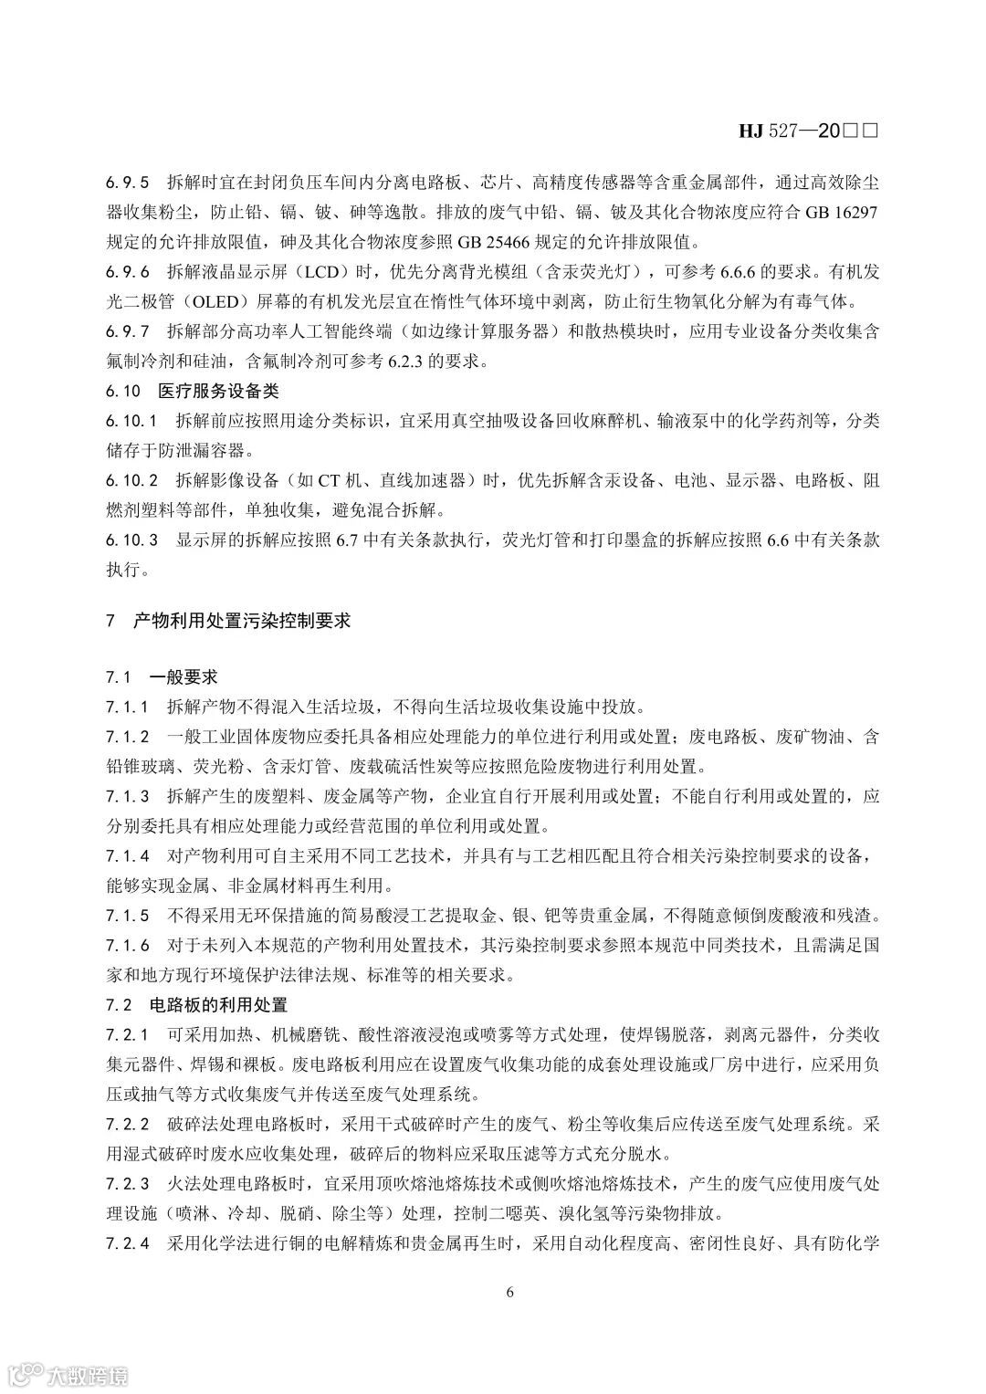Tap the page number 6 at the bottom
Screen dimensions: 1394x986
509,1292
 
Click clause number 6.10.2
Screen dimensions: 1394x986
132,480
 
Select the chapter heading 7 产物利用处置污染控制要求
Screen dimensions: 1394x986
228,621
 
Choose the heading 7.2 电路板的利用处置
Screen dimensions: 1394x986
197,1005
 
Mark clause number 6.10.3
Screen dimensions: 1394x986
132,540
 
